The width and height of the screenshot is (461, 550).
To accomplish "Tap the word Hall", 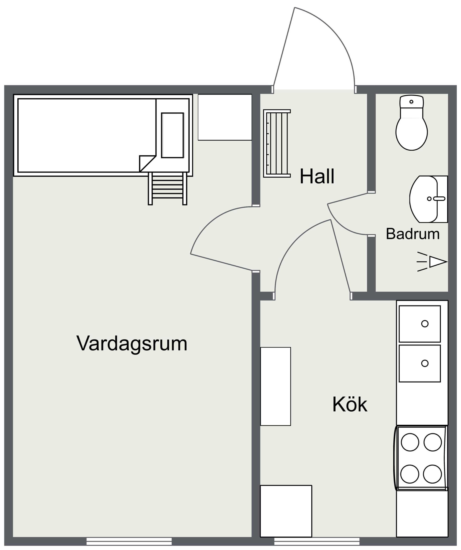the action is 317,176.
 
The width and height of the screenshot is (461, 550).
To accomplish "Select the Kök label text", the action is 350,404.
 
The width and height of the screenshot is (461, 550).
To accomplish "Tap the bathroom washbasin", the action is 429,199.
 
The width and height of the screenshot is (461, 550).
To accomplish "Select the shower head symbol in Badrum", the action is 432,262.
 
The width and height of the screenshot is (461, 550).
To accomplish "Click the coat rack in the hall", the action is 277,143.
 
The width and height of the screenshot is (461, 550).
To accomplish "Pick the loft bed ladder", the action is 167,188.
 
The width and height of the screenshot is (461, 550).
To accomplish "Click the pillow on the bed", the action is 172,135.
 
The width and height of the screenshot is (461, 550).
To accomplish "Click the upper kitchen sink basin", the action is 420,324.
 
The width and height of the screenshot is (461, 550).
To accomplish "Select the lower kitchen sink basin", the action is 420,364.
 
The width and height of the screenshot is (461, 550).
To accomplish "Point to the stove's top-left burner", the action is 410,442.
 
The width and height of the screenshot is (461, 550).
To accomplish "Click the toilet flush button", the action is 411,102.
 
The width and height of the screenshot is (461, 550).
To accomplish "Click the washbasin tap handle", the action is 439,199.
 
